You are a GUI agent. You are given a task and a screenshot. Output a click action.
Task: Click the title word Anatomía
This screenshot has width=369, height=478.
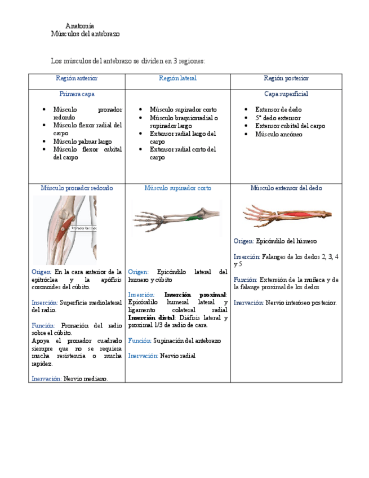(x=79, y=26)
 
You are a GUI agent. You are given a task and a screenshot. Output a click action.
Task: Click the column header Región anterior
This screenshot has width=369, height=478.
(x=77, y=78)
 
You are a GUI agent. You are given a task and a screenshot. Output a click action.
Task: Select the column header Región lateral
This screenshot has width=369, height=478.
(x=177, y=78)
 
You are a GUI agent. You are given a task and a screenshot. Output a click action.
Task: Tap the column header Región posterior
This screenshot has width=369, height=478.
(x=286, y=78)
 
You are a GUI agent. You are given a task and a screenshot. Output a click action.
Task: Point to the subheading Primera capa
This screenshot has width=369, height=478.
(x=77, y=94)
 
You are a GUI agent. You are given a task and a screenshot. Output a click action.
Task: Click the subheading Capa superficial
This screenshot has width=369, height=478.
(x=286, y=94)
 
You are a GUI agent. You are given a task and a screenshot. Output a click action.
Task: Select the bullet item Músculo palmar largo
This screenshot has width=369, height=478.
(x=82, y=141)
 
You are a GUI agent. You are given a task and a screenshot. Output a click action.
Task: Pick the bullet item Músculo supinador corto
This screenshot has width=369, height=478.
(x=183, y=109)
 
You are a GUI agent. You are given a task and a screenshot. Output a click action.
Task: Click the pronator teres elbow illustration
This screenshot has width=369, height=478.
(x=64, y=229)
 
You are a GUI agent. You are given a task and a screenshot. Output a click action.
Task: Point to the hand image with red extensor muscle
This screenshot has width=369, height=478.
(x=287, y=215)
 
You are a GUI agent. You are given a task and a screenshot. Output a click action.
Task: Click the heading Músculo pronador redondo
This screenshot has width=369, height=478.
(x=77, y=188)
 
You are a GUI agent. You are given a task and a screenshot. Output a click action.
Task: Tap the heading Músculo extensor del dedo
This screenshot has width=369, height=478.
(x=286, y=188)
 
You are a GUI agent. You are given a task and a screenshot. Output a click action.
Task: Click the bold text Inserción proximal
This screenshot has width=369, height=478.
(x=195, y=295)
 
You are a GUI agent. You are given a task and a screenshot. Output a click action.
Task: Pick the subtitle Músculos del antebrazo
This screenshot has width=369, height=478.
(x=85, y=34)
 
